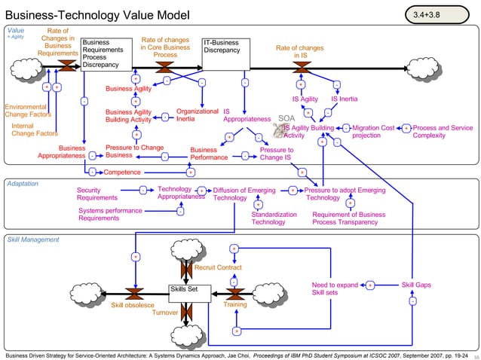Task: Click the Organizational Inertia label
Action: pyautogui.click(x=196, y=115)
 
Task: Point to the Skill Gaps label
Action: pyautogui.click(x=416, y=285)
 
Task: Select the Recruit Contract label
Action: pyautogui.click(x=218, y=267)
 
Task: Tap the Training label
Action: pyautogui.click(x=235, y=305)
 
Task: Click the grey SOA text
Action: pyautogui.click(x=286, y=118)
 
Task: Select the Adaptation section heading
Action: pyautogui.click(x=22, y=184)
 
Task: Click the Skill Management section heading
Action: pyautogui.click(x=32, y=239)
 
